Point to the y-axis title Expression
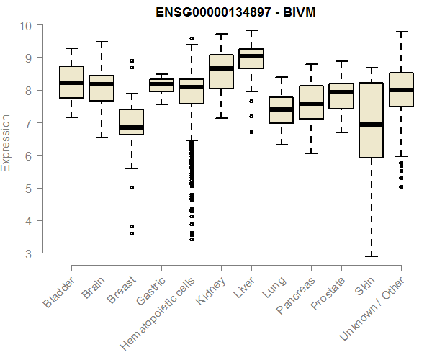pyautogui.click(x=6, y=143)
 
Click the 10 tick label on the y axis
pyautogui.click(x=26, y=25)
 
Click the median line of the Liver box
pyautogui.click(x=251, y=56)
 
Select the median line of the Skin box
pyautogui.click(x=371, y=125)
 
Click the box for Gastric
pyautogui.click(x=161, y=85)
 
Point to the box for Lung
pyautogui.click(x=281, y=110)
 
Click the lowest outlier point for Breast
pyautogui.click(x=131, y=233)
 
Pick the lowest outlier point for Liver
pyautogui.click(x=251, y=132)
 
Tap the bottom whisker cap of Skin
pyautogui.click(x=371, y=256)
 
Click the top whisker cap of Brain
pyautogui.click(x=102, y=42)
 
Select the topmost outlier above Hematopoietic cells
pyautogui.click(x=192, y=38)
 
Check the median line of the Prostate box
pyautogui.click(x=341, y=92)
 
